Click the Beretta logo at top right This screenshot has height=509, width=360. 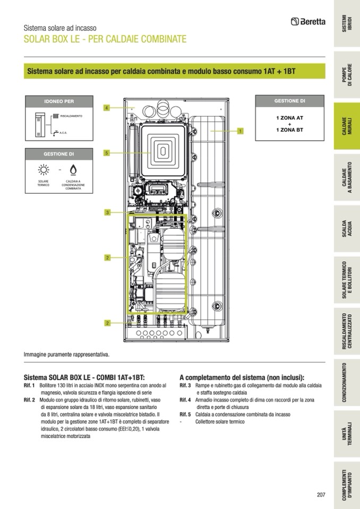[308, 22]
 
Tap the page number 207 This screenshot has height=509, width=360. [320, 495]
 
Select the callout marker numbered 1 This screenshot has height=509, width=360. [240, 131]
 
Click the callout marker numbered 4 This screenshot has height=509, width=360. [106, 108]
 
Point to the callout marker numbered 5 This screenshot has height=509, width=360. [106, 153]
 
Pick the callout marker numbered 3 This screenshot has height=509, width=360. [107, 213]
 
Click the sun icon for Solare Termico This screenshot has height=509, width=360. [43, 170]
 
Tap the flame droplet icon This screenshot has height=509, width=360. [73, 170]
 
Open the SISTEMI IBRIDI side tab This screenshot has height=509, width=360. [347, 24]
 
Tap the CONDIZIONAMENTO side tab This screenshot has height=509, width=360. [347, 382]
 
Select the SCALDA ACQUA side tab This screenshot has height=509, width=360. [347, 228]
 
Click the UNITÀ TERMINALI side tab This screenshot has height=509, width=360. [347, 433]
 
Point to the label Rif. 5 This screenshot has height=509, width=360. [185, 414]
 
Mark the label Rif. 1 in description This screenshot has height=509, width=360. [29, 385]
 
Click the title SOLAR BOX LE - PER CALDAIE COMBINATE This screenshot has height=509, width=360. [105, 39]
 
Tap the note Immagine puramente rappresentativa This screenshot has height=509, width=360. [66, 354]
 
